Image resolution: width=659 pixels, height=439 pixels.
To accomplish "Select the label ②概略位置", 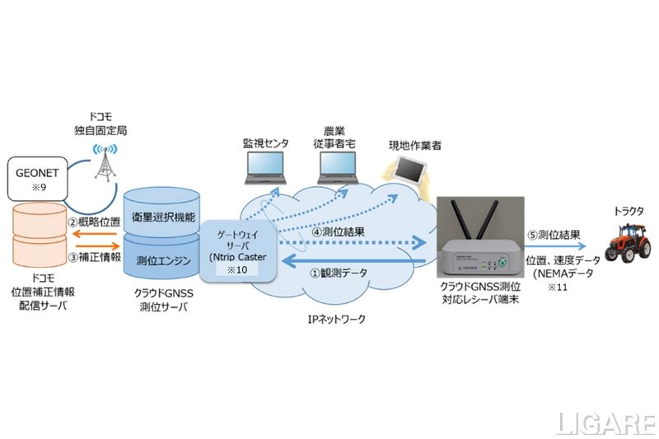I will (x=94, y=221).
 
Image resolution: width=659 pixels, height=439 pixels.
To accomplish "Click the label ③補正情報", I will (x=94, y=256).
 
